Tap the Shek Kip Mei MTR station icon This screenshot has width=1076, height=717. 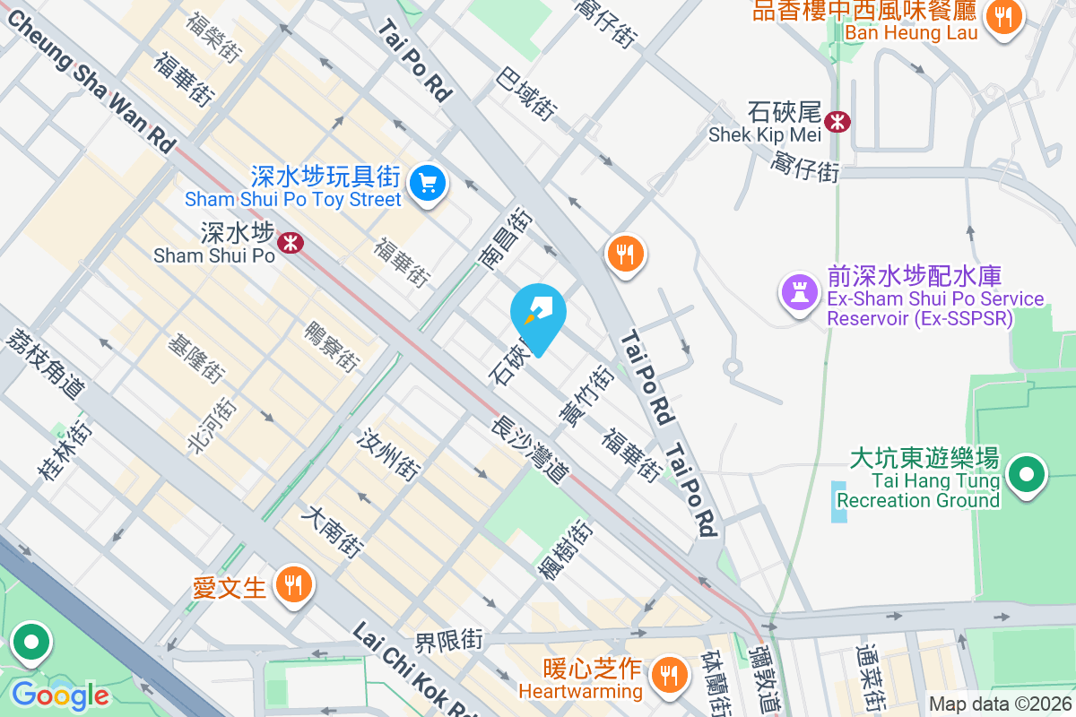(837, 121)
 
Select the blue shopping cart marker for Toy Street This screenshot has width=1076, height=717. (428, 184)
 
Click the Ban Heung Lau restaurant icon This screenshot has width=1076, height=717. (1004, 16)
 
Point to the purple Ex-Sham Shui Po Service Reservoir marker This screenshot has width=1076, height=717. (797, 292)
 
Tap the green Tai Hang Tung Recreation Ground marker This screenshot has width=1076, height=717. (1028, 475)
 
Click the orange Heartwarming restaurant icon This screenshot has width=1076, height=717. (667, 674)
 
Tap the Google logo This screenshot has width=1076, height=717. (59, 695)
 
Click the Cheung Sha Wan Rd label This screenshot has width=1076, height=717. (89, 77)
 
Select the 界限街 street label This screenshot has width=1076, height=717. (448, 642)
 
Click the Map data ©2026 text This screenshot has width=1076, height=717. (1001, 704)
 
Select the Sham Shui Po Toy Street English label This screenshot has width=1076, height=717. (293, 199)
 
